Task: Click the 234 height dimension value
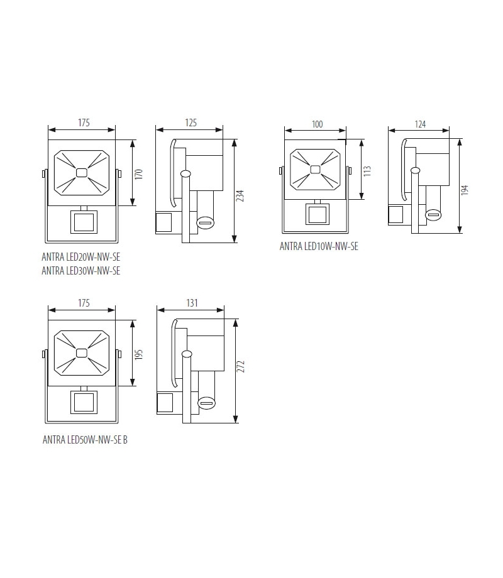tap(240, 196)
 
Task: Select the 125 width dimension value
tap(191, 123)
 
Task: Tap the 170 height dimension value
tap(138, 174)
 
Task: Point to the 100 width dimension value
tap(318, 124)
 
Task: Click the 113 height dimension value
tap(367, 171)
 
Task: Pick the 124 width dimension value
tap(421, 124)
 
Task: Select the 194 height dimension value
tap(465, 190)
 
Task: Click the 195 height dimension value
tap(138, 354)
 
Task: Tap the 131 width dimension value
tap(192, 303)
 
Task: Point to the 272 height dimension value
tap(241, 366)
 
